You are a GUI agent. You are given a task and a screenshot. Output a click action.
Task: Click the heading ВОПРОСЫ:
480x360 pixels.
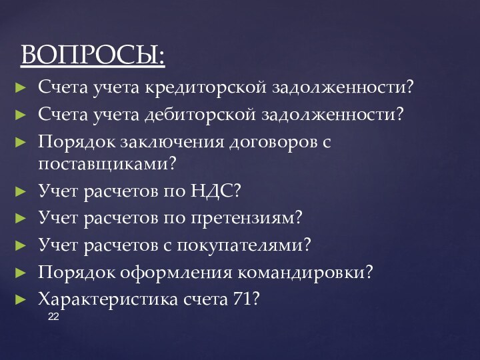pos(93,55)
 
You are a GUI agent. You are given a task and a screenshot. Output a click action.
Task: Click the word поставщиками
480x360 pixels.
pos(103,162)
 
